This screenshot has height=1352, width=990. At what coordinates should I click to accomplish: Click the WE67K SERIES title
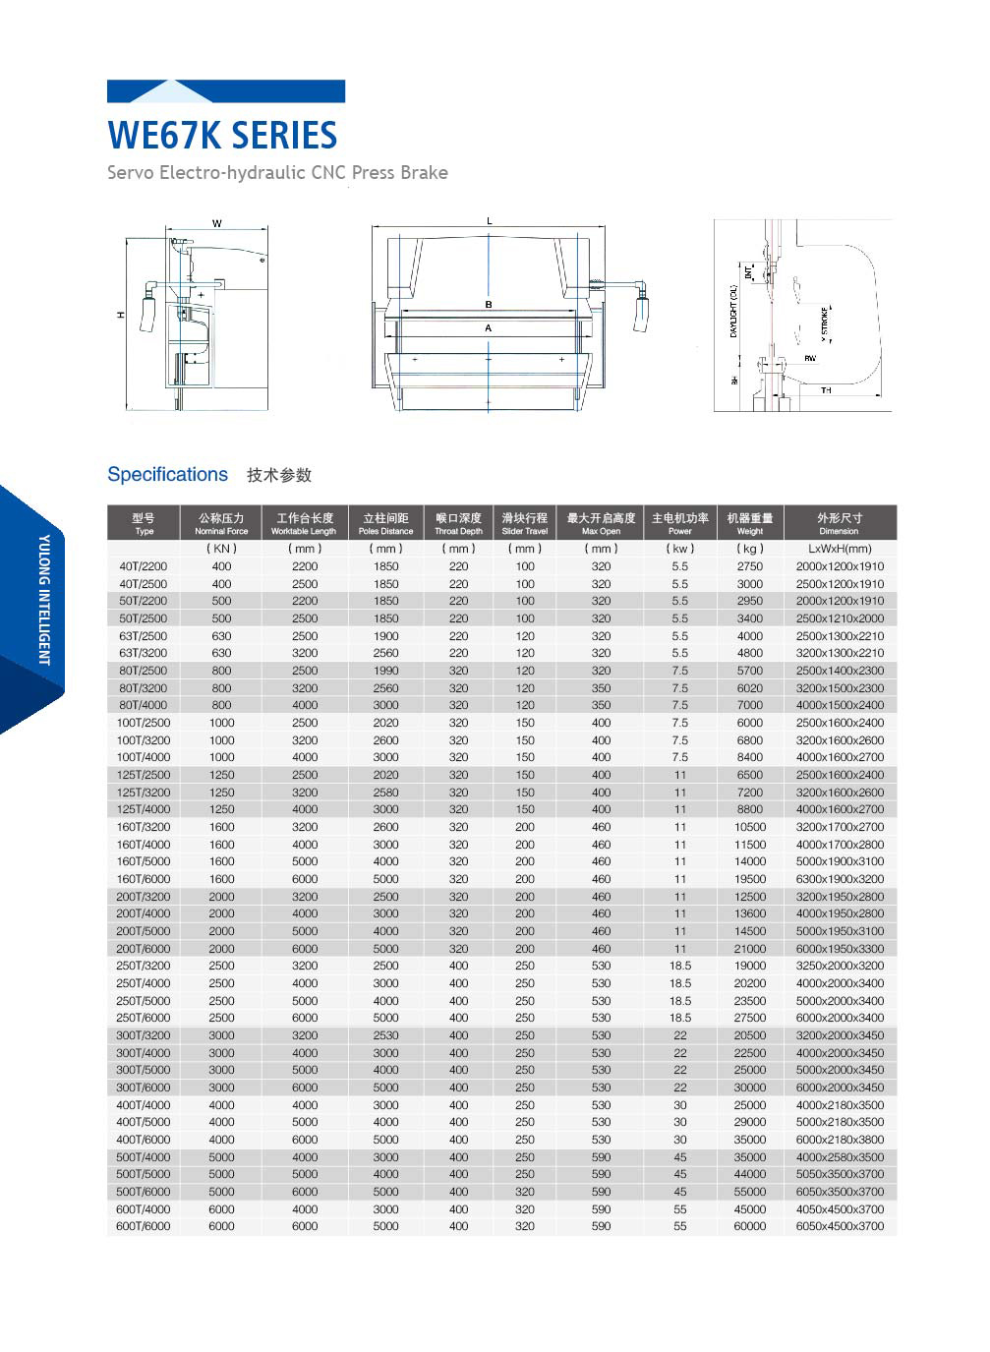(222, 135)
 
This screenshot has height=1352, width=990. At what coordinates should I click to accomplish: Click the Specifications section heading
(167, 474)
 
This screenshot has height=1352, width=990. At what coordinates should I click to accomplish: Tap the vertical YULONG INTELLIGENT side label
(44, 600)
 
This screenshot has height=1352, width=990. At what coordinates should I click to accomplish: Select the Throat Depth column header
(458, 523)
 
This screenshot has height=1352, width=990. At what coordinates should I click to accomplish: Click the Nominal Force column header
(221, 523)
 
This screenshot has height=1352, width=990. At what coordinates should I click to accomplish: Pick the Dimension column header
(839, 523)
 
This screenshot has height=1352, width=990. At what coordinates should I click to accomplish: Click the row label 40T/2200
(144, 566)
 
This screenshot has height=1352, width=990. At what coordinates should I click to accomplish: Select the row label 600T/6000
(144, 1226)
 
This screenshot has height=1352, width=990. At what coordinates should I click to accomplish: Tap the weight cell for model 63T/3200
(749, 653)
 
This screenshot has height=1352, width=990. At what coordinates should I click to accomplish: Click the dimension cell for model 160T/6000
(840, 879)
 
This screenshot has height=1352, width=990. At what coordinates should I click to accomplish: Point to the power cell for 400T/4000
(679, 1105)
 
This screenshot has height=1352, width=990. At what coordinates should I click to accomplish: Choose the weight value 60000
(749, 1226)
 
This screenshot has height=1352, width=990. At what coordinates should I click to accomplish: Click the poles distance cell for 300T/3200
(385, 1035)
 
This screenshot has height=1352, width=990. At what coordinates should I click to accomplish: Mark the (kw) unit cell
(679, 549)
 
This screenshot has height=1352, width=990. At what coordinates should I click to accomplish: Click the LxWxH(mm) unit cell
(840, 549)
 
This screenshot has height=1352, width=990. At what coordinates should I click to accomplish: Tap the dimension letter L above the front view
(489, 221)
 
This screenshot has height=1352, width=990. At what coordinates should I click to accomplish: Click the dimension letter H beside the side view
(121, 315)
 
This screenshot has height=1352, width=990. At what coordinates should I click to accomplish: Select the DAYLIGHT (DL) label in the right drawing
(733, 312)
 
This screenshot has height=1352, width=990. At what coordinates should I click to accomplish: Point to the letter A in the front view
(488, 328)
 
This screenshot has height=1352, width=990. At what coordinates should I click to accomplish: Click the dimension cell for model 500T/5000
(840, 1174)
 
